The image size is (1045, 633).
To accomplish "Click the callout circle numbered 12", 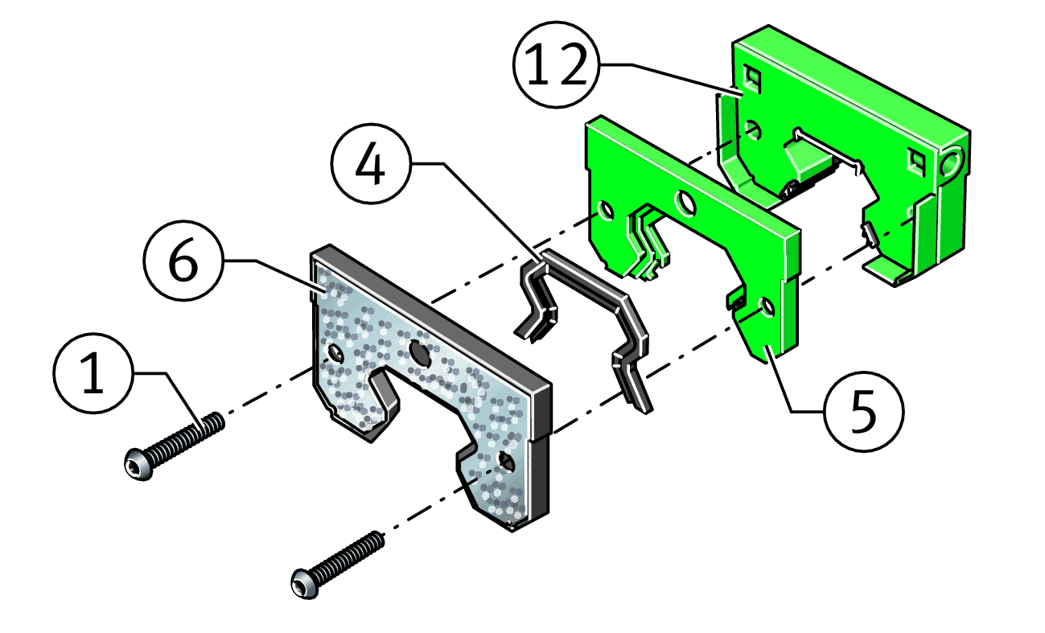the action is (556, 64).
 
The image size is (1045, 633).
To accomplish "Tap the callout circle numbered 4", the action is (372, 163).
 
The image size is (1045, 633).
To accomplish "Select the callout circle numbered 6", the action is (184, 261).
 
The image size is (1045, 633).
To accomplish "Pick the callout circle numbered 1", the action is (94, 372).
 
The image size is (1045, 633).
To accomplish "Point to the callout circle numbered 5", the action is (864, 412).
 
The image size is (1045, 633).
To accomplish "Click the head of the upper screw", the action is (139, 464).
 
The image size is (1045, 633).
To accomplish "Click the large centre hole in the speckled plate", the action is (420, 353).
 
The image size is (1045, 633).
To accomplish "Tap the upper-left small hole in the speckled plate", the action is (335, 353).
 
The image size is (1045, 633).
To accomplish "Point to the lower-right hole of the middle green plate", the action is (767, 307).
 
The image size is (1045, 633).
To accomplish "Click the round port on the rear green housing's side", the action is (950, 162).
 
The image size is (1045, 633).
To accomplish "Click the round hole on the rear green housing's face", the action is (752, 129).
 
